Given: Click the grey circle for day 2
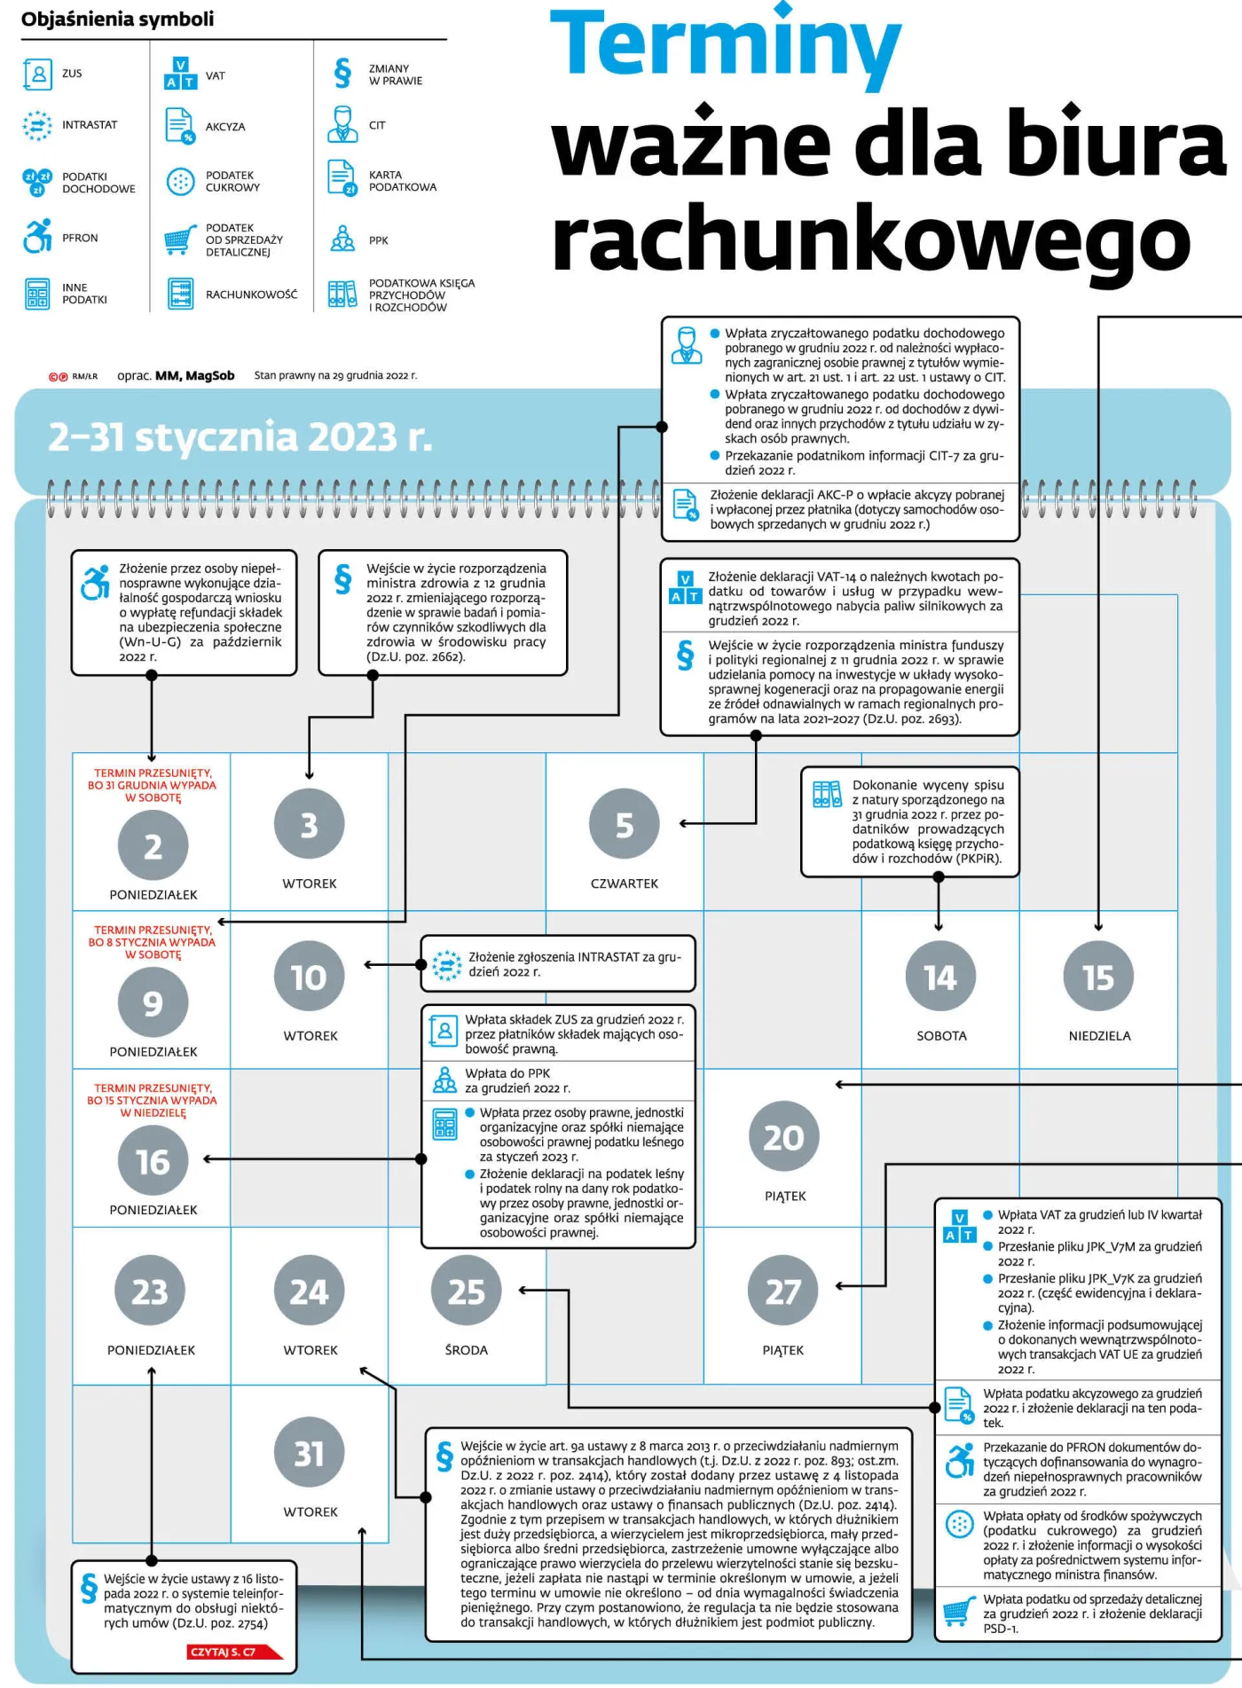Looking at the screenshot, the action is point(153,846).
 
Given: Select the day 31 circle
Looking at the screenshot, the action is point(309,1454).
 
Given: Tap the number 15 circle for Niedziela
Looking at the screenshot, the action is point(1098,977).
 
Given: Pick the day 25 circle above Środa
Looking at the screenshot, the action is point(466,1292).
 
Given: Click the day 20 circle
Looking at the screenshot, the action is point(783,1137).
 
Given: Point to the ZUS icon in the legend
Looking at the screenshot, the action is point(38,74).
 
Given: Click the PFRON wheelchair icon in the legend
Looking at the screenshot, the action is point(37,236).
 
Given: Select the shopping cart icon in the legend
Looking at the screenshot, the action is point(180,239).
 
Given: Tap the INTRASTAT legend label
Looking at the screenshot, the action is point(90,125).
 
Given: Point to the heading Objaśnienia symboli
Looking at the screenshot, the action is point(117,19).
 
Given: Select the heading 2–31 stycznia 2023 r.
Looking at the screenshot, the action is point(240,436).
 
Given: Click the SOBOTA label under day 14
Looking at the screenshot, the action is point(941,1035).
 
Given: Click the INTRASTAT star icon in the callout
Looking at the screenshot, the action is point(446,964).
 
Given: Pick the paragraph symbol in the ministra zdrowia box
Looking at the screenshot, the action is point(342,578).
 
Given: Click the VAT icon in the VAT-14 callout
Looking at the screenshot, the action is point(685,587).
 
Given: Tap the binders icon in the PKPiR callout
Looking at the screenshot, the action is point(827,794).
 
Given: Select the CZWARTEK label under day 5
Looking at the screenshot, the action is point(625,883).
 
